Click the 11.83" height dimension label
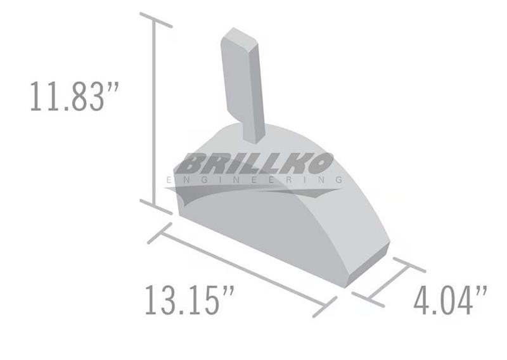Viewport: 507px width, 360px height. tap(75, 96)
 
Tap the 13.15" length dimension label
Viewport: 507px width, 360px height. tap(189, 300)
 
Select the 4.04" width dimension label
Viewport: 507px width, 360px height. tap(451, 300)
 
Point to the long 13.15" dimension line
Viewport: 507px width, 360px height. tap(243, 270)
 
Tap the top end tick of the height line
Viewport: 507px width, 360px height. tap(156, 20)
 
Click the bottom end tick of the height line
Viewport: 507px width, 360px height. tap(156, 207)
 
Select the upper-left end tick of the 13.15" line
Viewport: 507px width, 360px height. tap(160, 233)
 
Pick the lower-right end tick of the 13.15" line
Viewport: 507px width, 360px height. tap(325, 307)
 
